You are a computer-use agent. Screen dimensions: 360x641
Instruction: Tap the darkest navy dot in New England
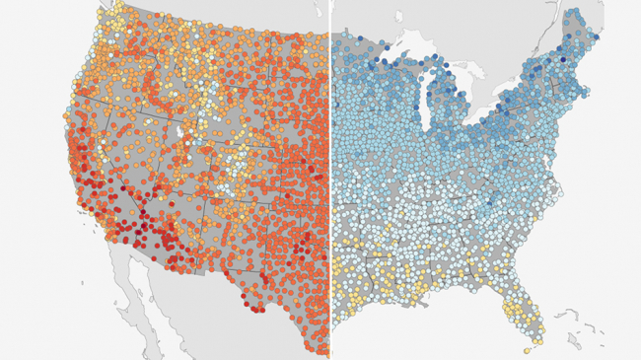pyautogui.click(x=563, y=59)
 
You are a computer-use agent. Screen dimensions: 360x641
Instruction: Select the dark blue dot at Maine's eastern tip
pyautogui.click(x=599, y=37)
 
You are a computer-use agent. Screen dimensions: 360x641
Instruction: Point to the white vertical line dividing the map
pyautogui.click(x=329, y=178)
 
